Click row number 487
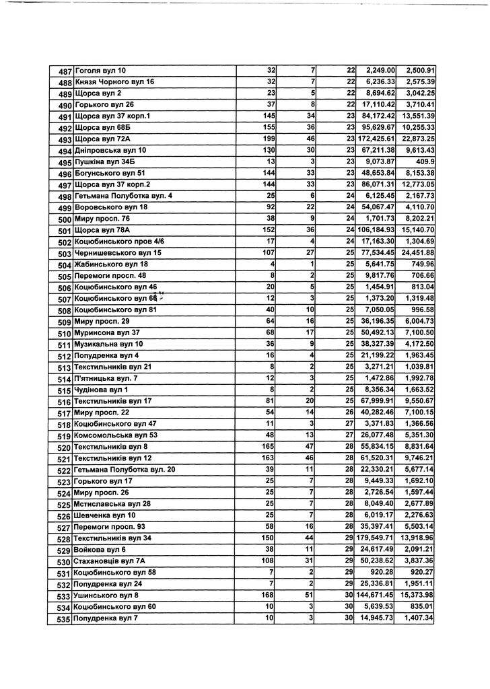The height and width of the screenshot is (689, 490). point(64,71)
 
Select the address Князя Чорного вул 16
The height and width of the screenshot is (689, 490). point(114,82)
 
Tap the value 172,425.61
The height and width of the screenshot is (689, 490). point(376,139)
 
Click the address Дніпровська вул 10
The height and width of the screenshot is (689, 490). point(110,151)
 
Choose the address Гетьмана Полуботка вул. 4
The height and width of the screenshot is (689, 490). point(123,196)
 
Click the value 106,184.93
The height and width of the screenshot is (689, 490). point(376,231)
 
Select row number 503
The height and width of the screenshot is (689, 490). point(64,254)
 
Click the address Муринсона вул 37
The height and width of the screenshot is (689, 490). point(106,333)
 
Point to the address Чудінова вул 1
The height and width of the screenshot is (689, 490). point(101,390)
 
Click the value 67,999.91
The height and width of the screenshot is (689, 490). point(378,402)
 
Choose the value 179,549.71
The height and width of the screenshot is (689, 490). point(376,538)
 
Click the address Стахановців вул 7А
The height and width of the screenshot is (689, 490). point(109,561)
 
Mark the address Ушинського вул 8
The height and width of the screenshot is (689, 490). point(106,595)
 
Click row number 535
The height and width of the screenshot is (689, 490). point(64,619)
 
